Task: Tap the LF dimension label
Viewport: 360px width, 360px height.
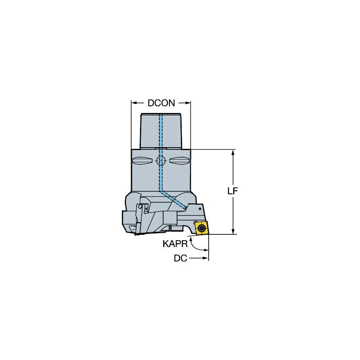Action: point(233,191)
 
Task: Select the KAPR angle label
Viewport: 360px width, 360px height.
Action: point(174,243)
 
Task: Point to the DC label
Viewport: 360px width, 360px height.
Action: point(180,258)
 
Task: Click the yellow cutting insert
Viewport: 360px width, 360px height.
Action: point(201,228)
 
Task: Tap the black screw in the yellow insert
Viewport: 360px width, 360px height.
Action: point(202,228)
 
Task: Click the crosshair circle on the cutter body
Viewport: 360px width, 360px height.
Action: point(161,160)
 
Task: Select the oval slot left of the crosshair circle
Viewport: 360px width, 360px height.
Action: point(142,161)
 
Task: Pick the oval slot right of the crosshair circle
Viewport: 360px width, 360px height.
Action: point(179,161)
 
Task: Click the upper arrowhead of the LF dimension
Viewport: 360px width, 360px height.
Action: point(233,153)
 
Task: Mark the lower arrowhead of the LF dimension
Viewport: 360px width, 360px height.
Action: point(233,231)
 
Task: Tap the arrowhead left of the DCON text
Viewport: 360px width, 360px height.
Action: point(134,103)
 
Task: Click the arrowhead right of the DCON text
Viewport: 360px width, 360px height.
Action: point(188,103)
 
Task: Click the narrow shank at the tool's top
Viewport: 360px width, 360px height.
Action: point(161,131)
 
